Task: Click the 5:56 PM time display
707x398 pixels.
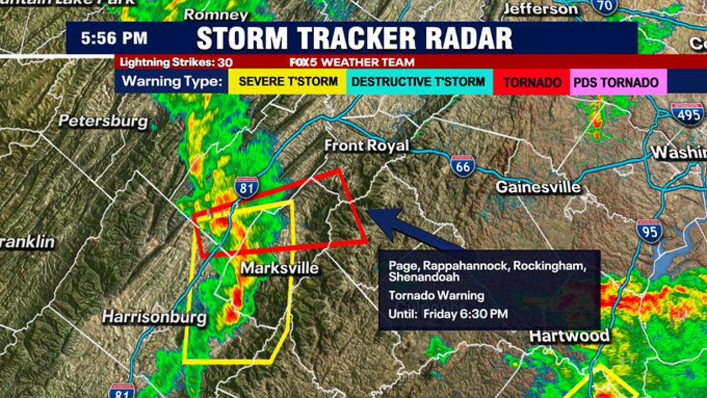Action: (x=114, y=38)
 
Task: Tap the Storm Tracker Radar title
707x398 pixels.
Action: (x=354, y=39)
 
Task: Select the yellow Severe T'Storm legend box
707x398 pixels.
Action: (x=288, y=82)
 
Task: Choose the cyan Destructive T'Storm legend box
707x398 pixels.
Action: (x=418, y=82)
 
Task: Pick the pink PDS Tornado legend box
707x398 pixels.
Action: (x=616, y=82)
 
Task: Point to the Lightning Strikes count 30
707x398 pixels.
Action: (x=225, y=62)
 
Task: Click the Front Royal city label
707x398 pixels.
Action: (x=366, y=146)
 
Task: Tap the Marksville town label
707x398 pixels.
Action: (x=280, y=268)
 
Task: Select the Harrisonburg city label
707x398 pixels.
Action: (x=155, y=317)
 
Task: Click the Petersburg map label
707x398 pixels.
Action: (x=103, y=121)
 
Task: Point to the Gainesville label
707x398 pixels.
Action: (x=538, y=187)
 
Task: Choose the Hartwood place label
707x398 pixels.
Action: (x=569, y=336)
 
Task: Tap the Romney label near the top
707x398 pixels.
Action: (x=216, y=14)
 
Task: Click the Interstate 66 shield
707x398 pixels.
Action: (x=462, y=166)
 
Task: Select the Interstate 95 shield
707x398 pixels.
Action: (x=649, y=231)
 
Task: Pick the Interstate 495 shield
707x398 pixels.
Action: (x=687, y=114)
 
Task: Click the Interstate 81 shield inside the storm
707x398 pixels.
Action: (x=246, y=188)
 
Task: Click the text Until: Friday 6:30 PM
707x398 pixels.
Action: (x=448, y=314)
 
